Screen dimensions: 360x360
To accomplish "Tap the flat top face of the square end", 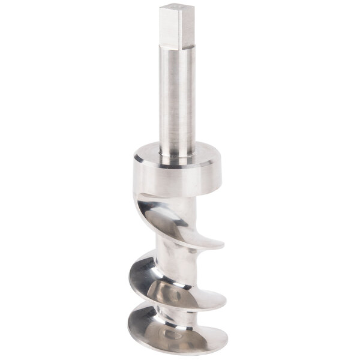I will (177, 8).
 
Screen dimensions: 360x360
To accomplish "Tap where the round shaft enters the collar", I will (178, 155).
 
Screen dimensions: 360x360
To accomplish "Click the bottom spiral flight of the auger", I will (174, 333).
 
